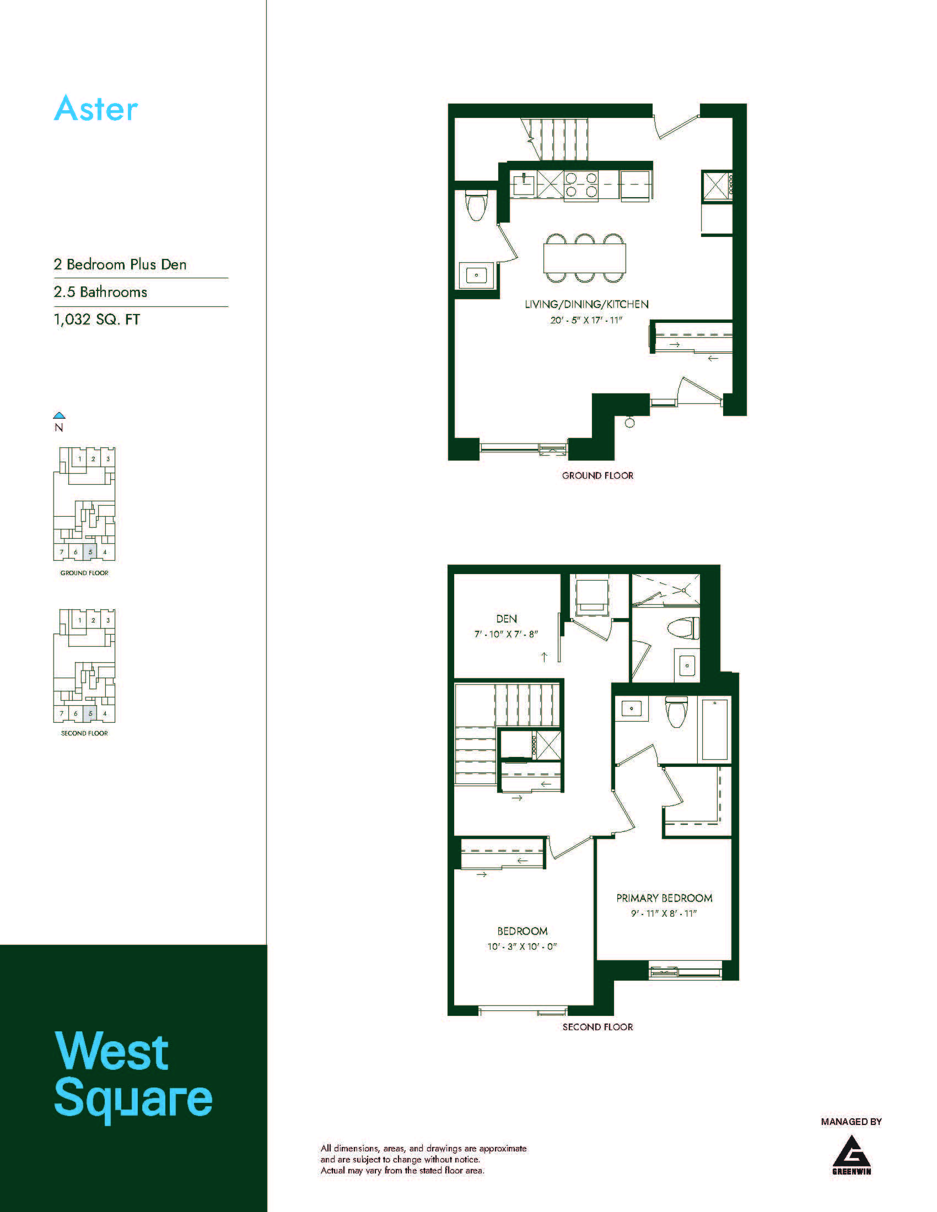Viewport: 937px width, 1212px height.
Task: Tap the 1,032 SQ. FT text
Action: [96, 320]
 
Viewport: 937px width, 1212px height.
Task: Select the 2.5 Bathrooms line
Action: [100, 292]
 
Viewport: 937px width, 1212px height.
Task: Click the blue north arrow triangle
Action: [59, 415]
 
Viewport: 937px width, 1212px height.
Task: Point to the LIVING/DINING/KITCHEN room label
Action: [587, 304]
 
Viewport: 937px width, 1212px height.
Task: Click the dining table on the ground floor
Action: [585, 258]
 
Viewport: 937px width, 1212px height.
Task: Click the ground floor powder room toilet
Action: [476, 205]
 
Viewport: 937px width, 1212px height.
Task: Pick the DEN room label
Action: [506, 619]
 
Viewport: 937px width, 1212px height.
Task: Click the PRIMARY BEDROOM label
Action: [665, 898]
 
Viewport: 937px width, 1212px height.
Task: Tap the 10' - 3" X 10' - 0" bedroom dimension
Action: [522, 946]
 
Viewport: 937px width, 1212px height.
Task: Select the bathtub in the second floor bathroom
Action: [714, 730]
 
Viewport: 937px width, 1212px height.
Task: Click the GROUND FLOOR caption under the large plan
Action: [598, 475]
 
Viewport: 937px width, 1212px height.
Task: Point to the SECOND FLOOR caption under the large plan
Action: [598, 1027]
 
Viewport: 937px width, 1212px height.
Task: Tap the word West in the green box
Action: [111, 1052]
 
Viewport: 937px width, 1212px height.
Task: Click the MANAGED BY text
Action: [852, 1122]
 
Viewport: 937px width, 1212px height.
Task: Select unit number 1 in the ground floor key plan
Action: [80, 459]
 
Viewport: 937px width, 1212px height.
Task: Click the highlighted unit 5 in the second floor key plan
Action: [90, 713]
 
